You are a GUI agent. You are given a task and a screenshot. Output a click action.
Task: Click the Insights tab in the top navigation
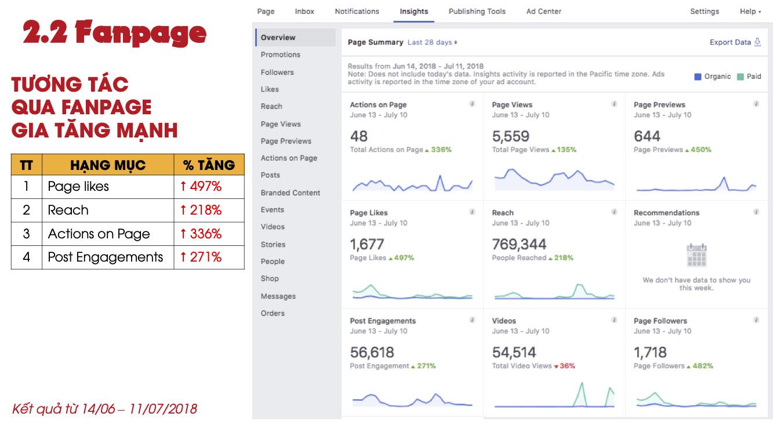click(x=413, y=12)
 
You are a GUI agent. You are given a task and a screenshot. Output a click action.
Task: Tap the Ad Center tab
click(x=543, y=12)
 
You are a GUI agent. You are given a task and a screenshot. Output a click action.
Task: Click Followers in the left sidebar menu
click(x=277, y=72)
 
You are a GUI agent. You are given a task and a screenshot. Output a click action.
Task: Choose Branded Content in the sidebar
click(x=290, y=193)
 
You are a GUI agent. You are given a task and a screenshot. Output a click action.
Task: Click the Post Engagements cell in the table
click(x=106, y=258)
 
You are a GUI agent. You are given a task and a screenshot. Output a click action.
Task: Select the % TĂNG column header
click(x=209, y=165)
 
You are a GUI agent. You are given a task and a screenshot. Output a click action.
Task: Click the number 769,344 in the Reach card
click(x=519, y=244)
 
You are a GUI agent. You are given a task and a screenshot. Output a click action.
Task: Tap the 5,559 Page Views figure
click(x=510, y=136)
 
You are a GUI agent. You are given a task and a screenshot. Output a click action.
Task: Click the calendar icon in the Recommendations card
click(x=696, y=255)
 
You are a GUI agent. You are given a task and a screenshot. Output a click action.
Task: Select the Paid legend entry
click(x=749, y=77)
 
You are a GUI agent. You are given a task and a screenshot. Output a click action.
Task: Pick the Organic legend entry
click(x=713, y=77)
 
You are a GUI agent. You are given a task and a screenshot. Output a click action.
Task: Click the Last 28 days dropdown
click(x=432, y=42)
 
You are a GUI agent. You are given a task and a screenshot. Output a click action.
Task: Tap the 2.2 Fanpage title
click(x=115, y=34)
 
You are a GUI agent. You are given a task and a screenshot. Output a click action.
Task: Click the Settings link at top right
click(x=704, y=12)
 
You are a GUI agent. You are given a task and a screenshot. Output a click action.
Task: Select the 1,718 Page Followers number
click(x=650, y=352)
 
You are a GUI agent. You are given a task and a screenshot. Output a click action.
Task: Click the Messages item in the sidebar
click(x=278, y=296)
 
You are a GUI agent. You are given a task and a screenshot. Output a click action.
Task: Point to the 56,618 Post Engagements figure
click(x=372, y=352)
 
